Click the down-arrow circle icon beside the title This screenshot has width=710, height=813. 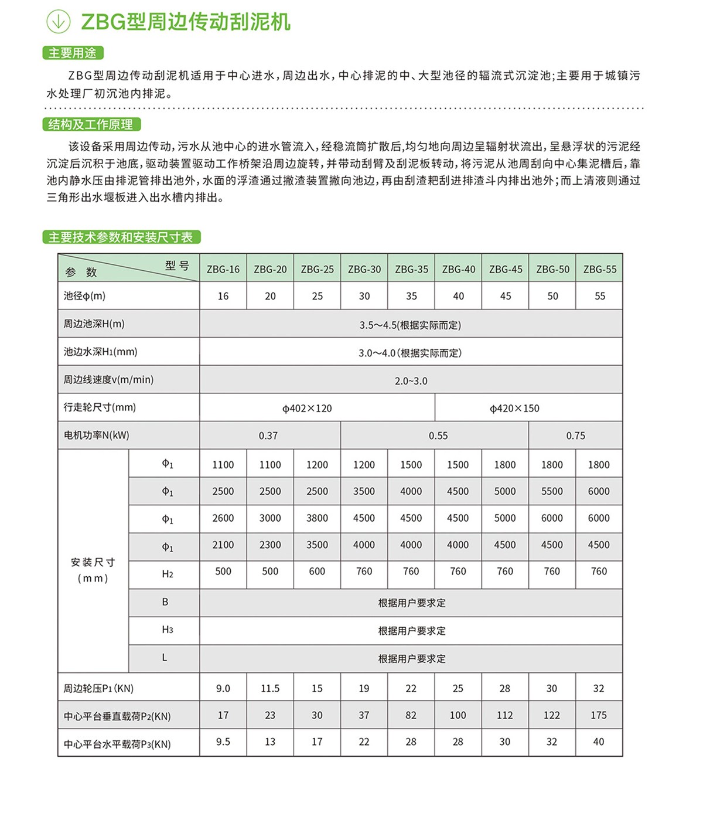(58, 22)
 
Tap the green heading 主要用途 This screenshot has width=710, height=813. (73, 53)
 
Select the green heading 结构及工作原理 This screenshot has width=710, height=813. (91, 124)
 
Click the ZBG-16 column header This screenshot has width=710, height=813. (223, 270)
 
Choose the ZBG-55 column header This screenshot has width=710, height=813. (600, 270)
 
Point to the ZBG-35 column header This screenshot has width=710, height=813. (411, 270)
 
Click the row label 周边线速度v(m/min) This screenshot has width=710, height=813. (108, 380)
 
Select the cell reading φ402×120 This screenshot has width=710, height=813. (307, 409)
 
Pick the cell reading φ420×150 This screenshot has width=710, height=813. (514, 409)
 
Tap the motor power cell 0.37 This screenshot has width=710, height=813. (268, 436)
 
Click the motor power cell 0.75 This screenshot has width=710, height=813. (575, 436)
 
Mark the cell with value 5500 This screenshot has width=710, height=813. (552, 492)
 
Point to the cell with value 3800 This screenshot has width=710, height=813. (317, 518)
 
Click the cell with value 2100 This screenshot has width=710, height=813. (223, 545)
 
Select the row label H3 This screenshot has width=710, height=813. (167, 630)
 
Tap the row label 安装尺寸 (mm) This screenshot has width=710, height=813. (93, 570)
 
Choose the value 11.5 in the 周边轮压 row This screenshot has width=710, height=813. (270, 689)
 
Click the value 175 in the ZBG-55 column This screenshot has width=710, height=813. (599, 716)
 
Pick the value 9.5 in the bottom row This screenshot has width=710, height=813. (223, 742)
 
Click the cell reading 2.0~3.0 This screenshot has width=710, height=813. (411, 381)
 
